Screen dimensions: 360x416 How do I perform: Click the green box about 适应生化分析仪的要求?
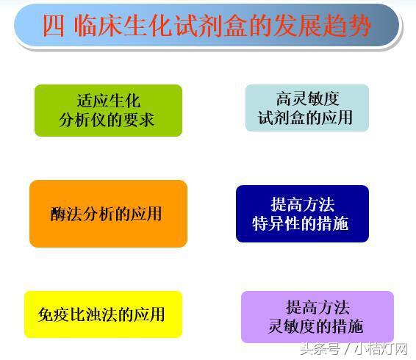point(108,110)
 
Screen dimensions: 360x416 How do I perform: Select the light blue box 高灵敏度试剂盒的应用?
point(306,108)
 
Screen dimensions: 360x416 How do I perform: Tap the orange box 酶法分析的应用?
point(108,214)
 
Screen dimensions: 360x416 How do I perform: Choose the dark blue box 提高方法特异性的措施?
point(302,214)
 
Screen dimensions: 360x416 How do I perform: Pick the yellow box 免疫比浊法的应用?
point(102,314)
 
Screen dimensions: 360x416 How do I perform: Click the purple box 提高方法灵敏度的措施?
point(317,317)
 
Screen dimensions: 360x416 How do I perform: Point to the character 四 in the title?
point(54,26)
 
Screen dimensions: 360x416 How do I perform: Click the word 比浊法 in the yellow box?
point(95,314)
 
